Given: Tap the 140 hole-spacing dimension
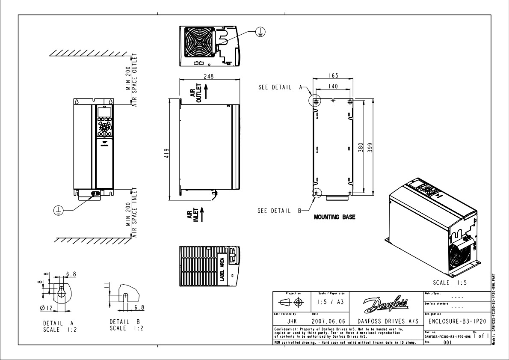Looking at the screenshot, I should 333,86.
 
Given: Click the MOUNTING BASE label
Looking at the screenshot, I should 334,217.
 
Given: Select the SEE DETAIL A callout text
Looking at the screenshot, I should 278,87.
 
